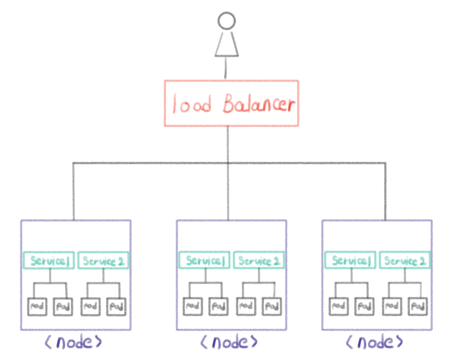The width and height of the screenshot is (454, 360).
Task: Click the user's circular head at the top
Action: tap(226, 21)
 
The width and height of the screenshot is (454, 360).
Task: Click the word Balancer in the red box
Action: tap(259, 104)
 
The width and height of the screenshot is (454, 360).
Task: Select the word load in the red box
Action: tap(192, 104)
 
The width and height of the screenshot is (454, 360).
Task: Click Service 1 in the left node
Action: tap(49, 261)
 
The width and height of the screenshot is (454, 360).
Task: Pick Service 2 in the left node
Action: tap(103, 261)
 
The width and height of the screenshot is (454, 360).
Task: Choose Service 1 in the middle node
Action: tap(205, 261)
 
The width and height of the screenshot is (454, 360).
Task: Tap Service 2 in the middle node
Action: tap(259, 261)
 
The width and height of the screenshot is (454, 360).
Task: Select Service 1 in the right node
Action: tap(350, 261)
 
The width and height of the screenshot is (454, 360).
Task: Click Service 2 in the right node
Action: tap(405, 261)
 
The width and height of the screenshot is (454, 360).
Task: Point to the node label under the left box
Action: tap(74, 342)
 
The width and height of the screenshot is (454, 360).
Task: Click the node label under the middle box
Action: tap(229, 342)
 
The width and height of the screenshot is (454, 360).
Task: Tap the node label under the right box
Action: tap(375, 342)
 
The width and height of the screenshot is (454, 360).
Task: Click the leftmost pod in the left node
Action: tap(37, 306)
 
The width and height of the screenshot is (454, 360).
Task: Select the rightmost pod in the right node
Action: tap(418, 306)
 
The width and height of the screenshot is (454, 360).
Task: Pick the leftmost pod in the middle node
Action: tap(193, 306)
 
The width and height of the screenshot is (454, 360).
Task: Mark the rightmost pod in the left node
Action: tap(117, 306)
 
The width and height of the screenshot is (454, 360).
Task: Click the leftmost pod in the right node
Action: tap(339, 306)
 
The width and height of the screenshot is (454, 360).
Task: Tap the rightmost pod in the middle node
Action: tap(272, 306)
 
